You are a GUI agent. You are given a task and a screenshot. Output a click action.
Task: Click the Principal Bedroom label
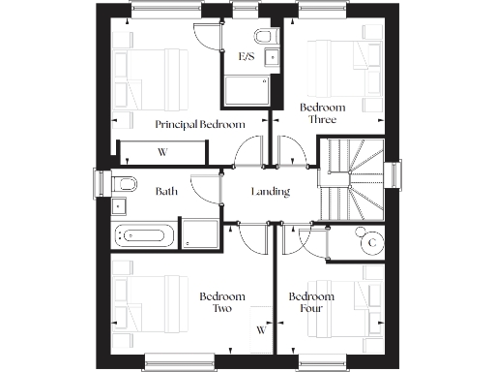coord(199,124)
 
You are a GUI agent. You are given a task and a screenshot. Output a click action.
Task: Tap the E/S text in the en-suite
coord(247,57)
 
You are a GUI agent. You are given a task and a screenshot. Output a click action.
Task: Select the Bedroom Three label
coord(318,113)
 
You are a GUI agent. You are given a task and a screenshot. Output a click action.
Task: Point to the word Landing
coord(270,192)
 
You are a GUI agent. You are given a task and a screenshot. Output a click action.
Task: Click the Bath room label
coord(166,192)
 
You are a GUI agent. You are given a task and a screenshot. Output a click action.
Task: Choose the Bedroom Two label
coord(221,302)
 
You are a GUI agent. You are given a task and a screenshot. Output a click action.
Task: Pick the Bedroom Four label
coord(311,302)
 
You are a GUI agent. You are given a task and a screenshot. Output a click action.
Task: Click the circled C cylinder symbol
coord(370,242)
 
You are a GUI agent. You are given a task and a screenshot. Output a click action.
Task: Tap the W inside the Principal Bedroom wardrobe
coord(162,152)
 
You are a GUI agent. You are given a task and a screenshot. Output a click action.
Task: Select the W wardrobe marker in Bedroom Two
coord(261,329)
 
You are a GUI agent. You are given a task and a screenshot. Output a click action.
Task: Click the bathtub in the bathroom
coord(145,233)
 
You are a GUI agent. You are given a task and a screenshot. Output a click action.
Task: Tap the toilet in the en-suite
coord(268,37)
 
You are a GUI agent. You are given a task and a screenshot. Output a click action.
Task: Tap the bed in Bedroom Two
coord(145,305)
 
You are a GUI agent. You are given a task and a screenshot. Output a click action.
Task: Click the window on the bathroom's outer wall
coord(99,184)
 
